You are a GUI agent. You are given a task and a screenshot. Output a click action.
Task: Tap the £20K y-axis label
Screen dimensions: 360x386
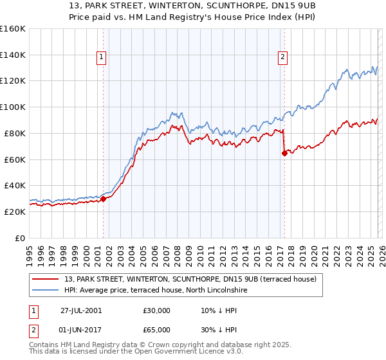click(15, 212)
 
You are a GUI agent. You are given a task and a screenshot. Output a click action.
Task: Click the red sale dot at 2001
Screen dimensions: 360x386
click(103, 199)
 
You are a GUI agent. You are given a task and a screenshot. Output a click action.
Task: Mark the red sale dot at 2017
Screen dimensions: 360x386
click(284, 153)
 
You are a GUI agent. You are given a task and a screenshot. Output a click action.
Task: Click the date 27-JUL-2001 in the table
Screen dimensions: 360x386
click(81, 310)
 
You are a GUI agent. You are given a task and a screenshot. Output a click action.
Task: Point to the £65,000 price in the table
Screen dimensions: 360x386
click(157, 330)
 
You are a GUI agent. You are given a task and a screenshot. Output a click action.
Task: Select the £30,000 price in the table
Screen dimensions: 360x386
click(157, 310)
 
